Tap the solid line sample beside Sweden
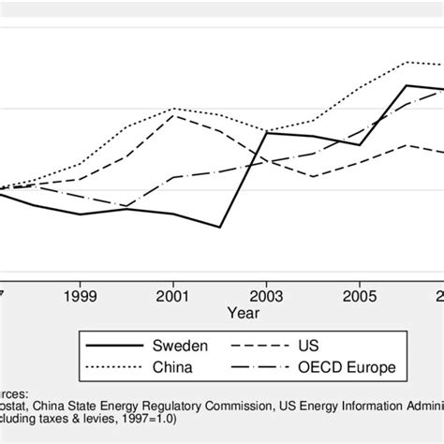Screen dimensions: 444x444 [x=108, y=346]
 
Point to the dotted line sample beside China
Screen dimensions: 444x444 [x=108, y=366]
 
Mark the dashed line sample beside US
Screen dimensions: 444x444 [x=265, y=346]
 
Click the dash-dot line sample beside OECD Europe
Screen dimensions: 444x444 [x=265, y=366]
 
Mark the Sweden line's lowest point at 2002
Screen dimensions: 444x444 [x=220, y=228]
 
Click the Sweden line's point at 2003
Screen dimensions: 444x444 [x=267, y=133]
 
